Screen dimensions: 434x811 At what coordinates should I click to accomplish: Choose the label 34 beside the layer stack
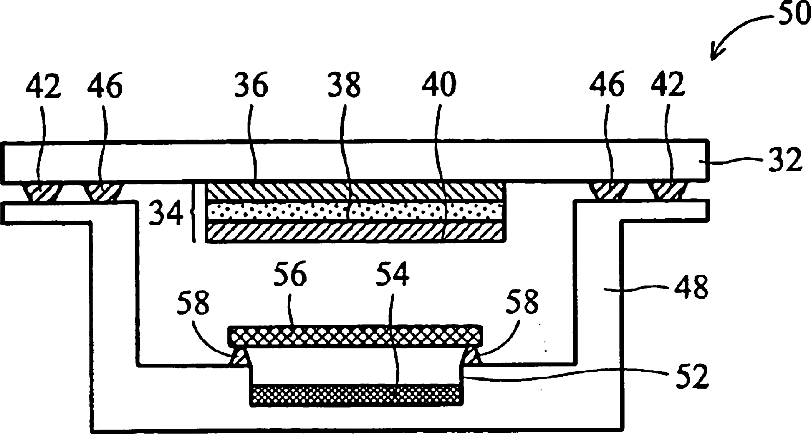[x=165, y=212]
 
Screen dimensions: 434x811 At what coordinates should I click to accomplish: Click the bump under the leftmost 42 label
[x=43, y=190]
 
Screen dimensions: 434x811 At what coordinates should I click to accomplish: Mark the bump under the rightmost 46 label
[x=605, y=190]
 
